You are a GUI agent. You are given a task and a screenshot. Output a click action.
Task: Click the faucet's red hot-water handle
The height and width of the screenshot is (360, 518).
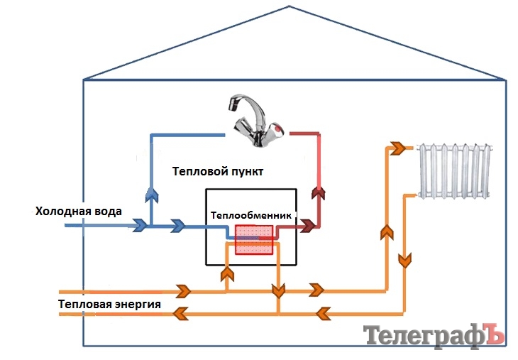point(280,130)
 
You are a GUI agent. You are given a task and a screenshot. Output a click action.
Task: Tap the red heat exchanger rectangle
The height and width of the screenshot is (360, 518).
point(254,239)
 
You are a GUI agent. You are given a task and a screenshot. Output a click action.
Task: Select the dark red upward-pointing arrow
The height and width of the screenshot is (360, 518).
point(319,192)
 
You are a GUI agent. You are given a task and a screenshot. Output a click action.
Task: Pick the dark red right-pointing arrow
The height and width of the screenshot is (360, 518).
point(308,227)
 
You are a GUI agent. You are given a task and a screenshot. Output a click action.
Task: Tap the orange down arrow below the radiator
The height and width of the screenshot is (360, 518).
point(405,261)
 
